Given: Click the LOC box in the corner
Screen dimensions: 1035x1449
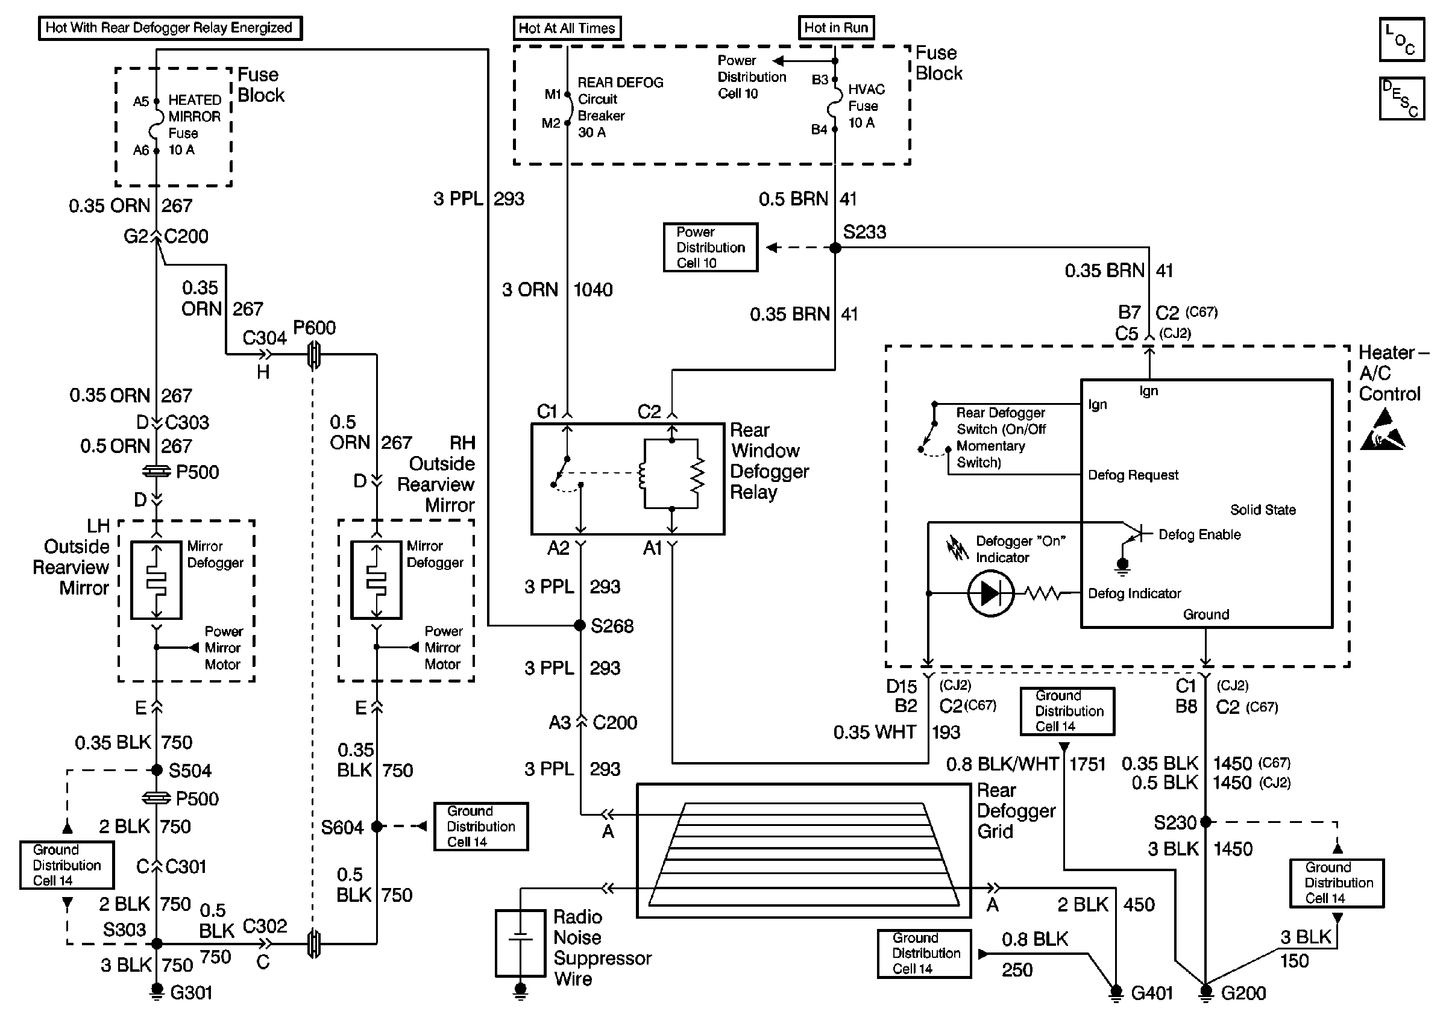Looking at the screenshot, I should (x=1401, y=40).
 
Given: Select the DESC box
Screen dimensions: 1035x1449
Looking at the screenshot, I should (x=1401, y=99).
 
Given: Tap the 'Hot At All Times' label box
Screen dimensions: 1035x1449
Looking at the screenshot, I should (x=567, y=28).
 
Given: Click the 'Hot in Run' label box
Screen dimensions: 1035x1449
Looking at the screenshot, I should (x=836, y=27).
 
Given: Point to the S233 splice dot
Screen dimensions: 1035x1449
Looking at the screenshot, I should (x=835, y=247).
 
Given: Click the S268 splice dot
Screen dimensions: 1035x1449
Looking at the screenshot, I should (x=579, y=625).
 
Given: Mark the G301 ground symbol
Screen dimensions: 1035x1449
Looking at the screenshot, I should (x=156, y=992).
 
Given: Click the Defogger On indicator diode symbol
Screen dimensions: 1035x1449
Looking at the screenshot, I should (x=990, y=593).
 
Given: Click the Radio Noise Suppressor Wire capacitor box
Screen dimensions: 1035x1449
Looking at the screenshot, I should (x=520, y=943).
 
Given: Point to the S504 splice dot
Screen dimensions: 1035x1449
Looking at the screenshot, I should (x=157, y=770).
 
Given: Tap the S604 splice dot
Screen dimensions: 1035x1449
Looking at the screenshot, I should (x=377, y=827).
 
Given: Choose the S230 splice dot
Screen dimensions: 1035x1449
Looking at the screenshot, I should (x=1205, y=822).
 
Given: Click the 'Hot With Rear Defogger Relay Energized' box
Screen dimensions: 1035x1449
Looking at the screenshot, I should (x=169, y=28).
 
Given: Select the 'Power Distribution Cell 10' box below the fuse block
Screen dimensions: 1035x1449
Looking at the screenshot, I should (x=710, y=247).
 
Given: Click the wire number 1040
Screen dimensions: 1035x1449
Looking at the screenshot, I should (x=593, y=290).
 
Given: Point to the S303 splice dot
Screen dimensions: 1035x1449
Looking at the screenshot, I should (x=157, y=943).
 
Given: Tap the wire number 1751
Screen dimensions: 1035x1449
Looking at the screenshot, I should (x=1087, y=763).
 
